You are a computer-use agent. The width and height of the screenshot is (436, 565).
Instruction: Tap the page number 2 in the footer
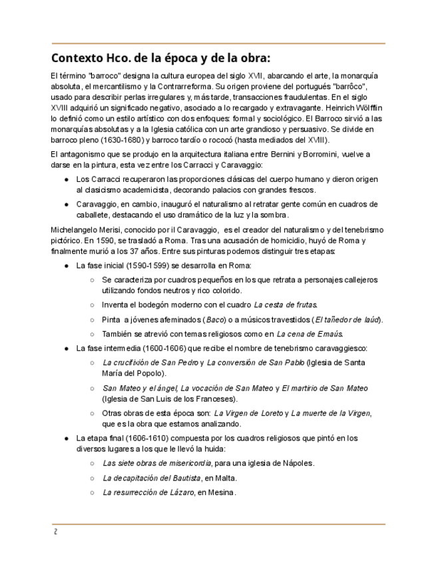tap(56, 532)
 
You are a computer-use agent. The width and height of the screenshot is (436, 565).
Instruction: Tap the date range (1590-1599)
tap(144, 265)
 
